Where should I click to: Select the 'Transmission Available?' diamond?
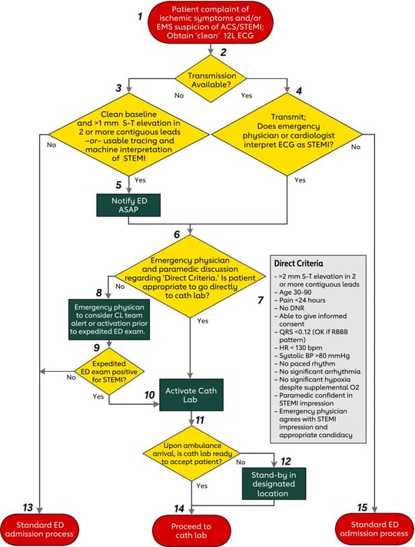[x=207, y=76]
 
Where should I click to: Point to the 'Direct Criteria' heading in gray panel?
[x=300, y=264]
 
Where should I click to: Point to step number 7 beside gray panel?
[x=259, y=295]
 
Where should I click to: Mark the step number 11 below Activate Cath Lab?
[x=200, y=421]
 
